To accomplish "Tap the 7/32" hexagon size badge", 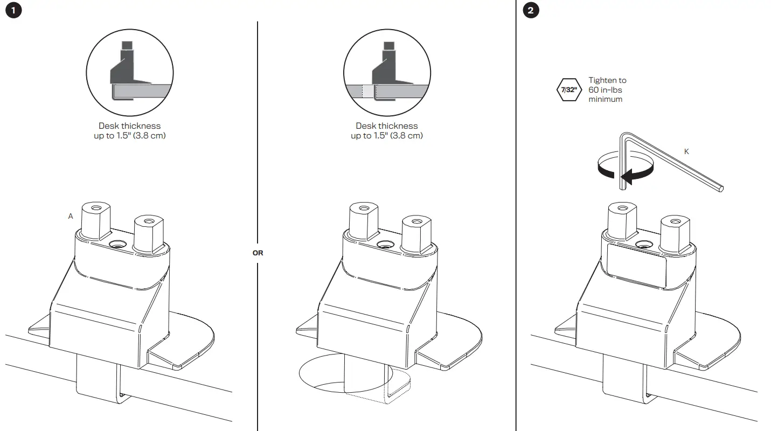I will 568,90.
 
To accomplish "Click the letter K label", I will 686,152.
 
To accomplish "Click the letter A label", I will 71,216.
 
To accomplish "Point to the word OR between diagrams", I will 258,252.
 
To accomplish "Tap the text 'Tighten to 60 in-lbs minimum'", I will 607,90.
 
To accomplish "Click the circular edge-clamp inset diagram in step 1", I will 130,72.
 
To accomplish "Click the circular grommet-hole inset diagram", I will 387,72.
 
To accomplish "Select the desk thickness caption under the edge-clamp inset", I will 130,131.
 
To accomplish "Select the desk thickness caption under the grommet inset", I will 387,131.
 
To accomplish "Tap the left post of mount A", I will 96,221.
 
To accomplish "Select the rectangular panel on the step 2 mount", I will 636,267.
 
